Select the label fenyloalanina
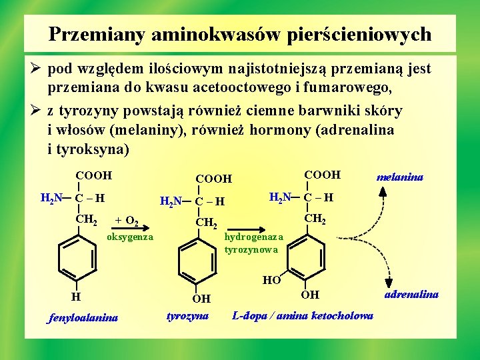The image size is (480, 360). (83, 317)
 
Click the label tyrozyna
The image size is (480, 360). (187, 315)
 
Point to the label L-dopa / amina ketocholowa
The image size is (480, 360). (302, 315)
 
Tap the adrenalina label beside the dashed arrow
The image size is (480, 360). (412, 293)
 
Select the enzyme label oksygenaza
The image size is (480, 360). (130, 237)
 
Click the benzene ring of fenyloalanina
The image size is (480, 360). (77, 255)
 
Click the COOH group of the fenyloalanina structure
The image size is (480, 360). (93, 176)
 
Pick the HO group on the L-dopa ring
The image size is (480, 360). (271, 280)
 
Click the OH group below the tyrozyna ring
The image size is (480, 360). (201, 299)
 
